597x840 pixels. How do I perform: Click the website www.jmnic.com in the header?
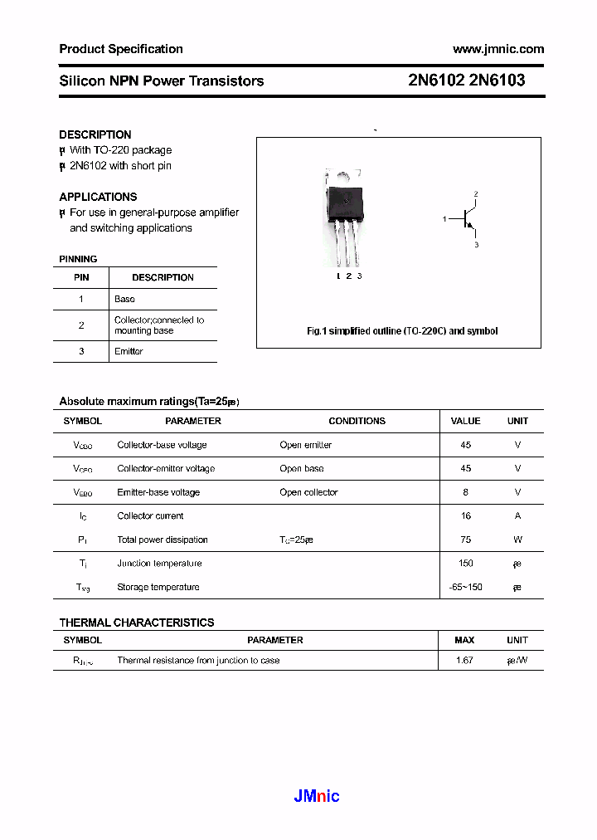pos(498,49)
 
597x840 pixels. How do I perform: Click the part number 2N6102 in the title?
pos(436,81)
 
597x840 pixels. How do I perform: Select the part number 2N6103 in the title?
pos(497,81)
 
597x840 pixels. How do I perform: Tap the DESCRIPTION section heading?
pos(95,134)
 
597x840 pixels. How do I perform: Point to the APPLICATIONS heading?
pos(98,197)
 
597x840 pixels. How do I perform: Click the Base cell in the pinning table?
pos(124,299)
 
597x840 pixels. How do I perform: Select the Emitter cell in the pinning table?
pos(129,351)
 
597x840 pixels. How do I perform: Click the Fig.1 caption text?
pos(402,331)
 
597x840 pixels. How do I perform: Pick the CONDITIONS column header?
pos(357,421)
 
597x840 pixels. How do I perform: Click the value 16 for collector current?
pos(465,515)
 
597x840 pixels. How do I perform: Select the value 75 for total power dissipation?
pos(465,540)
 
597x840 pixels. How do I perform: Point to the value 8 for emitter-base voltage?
pos(465,492)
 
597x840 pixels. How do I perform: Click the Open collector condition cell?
pos(308,492)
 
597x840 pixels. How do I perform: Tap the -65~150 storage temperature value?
pos(465,587)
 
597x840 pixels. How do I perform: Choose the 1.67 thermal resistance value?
pos(464,661)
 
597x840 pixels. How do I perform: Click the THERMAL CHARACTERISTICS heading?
pos(137,623)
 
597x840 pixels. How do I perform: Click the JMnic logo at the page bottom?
pos(317,797)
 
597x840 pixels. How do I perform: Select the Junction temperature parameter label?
pos(159,564)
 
